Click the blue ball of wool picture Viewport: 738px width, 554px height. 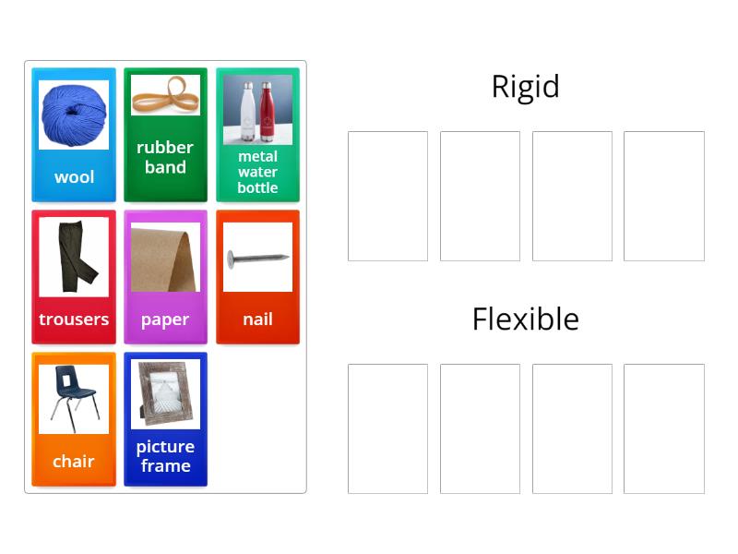pyautogui.click(x=73, y=114)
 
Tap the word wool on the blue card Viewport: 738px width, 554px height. pyautogui.click(x=74, y=177)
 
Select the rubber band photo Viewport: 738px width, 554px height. pyautogui.click(x=164, y=93)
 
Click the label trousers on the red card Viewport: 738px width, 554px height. pyautogui.click(x=74, y=319)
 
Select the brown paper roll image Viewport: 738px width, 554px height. pyautogui.click(x=165, y=257)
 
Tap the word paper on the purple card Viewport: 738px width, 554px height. pyautogui.click(x=165, y=319)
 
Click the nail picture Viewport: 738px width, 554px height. pyautogui.click(x=257, y=258)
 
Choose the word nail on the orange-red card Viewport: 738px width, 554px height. pyautogui.click(x=257, y=319)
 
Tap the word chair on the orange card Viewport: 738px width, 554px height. pyautogui.click(x=74, y=462)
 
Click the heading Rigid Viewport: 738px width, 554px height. pyautogui.click(x=525, y=87)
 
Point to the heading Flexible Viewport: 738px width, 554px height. pyautogui.click(x=525, y=319)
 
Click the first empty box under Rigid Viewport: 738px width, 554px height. pyautogui.click(x=387, y=196)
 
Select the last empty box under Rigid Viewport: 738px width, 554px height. pyautogui.click(x=663, y=196)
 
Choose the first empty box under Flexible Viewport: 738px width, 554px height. pyautogui.click(x=387, y=428)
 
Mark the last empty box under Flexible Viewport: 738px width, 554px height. pyautogui.click(x=663, y=428)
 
